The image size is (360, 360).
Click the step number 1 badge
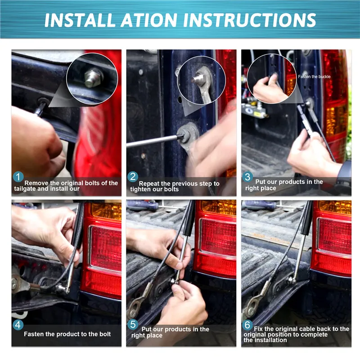coord(18,177)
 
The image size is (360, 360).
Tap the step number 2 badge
coord(133,177)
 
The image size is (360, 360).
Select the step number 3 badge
coord(247,177)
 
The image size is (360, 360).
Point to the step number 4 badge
coord(18,325)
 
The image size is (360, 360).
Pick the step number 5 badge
coord(133,324)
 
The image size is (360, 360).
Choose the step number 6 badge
coord(247,325)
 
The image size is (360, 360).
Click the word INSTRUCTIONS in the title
coord(250,20)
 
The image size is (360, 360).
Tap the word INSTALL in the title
coord(80,20)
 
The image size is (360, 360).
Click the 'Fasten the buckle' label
coord(314,76)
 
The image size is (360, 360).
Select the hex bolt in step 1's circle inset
coord(93,77)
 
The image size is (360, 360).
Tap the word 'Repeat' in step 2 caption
coord(149,184)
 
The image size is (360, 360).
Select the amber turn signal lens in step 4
coord(106,211)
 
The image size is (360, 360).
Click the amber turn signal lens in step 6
coord(335,207)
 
